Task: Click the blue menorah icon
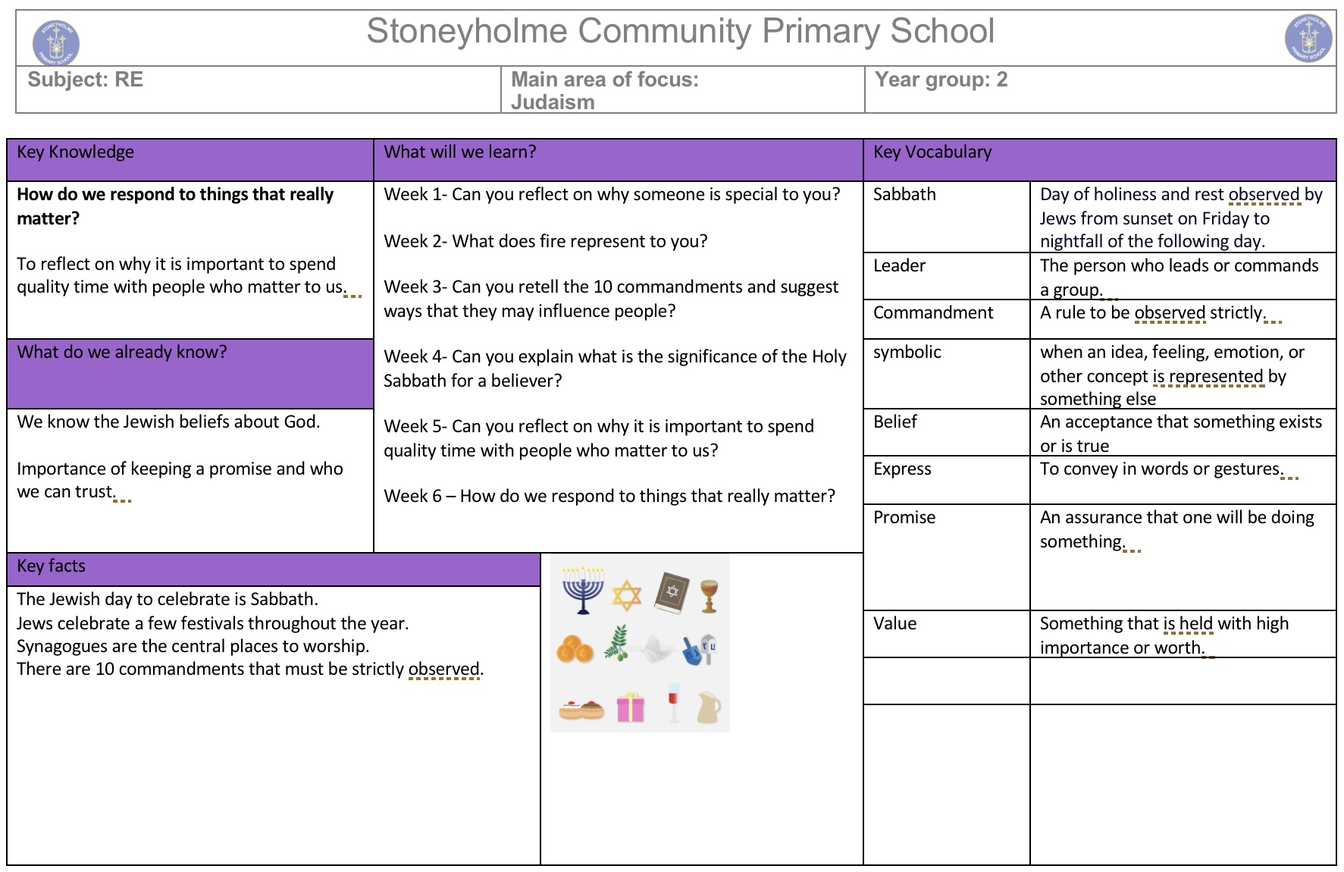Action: click(583, 589)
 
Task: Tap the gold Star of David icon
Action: click(626, 595)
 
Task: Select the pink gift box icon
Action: click(630, 707)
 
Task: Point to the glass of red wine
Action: click(672, 702)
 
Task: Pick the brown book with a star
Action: click(672, 592)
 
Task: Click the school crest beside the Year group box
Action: click(1308, 39)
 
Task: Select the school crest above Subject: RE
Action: click(56, 42)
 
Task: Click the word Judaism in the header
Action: click(553, 102)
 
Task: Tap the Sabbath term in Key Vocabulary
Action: click(904, 195)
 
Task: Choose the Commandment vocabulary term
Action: click(932, 313)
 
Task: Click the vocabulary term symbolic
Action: click(907, 353)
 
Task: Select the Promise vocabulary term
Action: click(904, 518)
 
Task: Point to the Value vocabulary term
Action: click(894, 624)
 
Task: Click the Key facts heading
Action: click(52, 566)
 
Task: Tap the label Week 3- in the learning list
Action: click(415, 287)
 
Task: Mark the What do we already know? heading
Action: click(122, 353)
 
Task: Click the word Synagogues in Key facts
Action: click(63, 647)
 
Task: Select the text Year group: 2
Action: click(941, 80)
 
